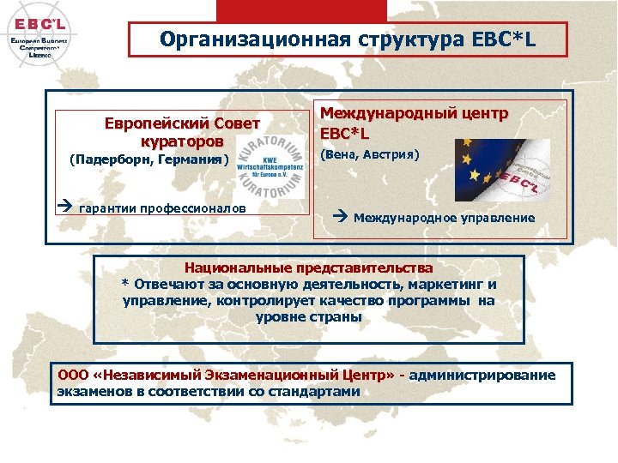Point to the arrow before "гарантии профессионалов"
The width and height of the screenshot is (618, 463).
(x=65, y=207)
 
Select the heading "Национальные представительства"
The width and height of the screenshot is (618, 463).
(x=308, y=268)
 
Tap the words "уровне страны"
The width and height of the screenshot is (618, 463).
(x=308, y=317)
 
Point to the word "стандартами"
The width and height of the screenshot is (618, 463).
(x=317, y=392)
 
